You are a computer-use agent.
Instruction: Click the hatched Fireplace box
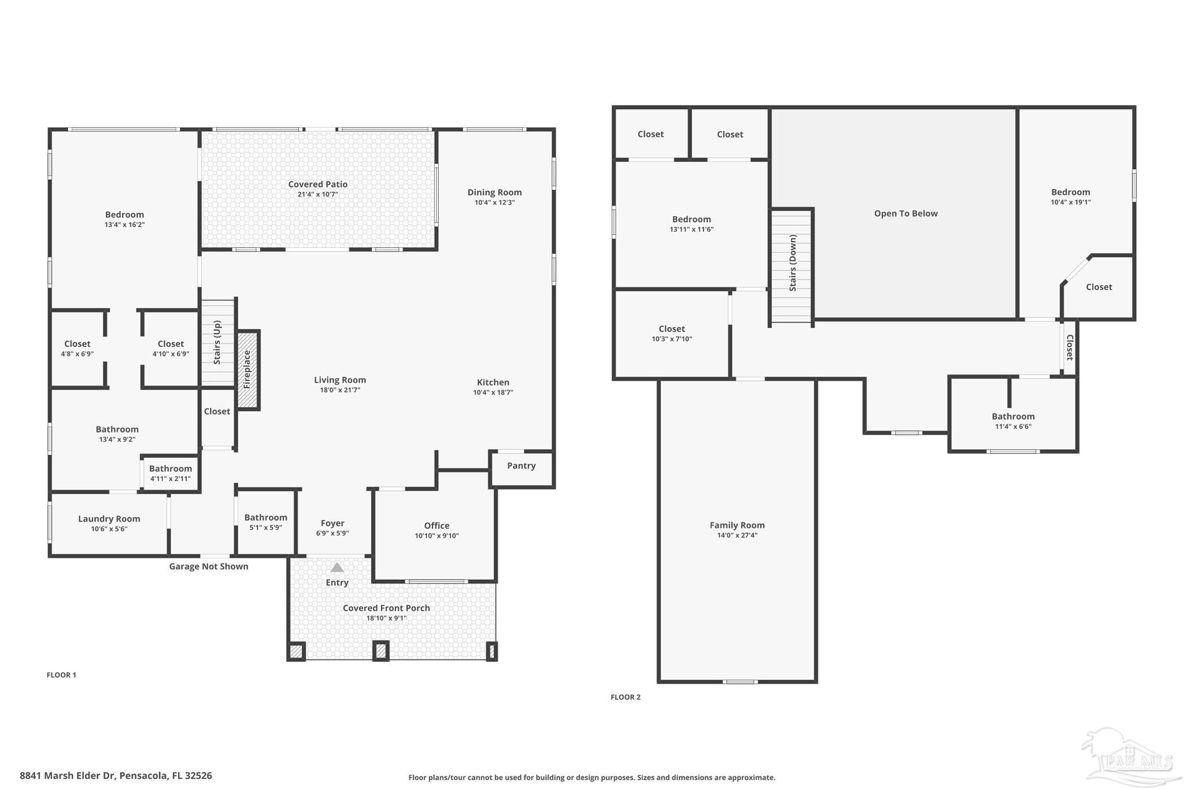(247, 370)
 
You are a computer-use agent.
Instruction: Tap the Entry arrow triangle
(337, 568)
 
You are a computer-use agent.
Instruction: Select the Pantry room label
(521, 466)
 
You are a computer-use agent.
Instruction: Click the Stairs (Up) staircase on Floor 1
(217, 342)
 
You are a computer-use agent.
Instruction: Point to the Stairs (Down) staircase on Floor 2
(793, 265)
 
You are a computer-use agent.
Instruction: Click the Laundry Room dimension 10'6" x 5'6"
(109, 529)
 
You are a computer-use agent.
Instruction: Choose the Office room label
(436, 525)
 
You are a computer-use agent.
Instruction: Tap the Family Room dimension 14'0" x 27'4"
(737, 535)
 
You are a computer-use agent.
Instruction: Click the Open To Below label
(905, 213)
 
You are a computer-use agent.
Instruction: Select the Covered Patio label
(318, 184)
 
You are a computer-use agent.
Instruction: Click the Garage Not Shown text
(209, 566)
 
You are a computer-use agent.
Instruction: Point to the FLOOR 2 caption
(626, 697)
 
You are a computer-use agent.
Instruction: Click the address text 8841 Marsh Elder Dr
(116, 776)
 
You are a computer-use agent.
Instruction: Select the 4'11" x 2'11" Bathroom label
(171, 473)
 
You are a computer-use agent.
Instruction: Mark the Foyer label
(332, 523)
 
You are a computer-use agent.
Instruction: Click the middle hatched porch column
(380, 651)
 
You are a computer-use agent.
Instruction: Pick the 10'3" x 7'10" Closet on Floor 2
(672, 334)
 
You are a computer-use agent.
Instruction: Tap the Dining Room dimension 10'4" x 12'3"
(494, 202)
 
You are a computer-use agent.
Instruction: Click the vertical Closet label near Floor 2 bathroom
(1070, 347)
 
